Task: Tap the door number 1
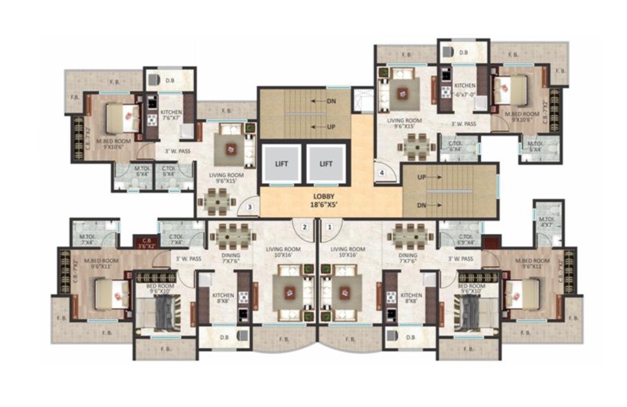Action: click(x=330, y=227)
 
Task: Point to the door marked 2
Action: click(x=304, y=227)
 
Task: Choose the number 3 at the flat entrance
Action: click(x=249, y=206)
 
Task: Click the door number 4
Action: click(x=381, y=173)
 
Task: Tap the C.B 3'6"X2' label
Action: click(x=143, y=242)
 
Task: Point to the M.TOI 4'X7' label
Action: click(x=547, y=222)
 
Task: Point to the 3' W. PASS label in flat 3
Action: click(x=178, y=151)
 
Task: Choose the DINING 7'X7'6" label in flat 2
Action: click(x=230, y=258)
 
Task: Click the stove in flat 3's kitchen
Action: click(x=152, y=120)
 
